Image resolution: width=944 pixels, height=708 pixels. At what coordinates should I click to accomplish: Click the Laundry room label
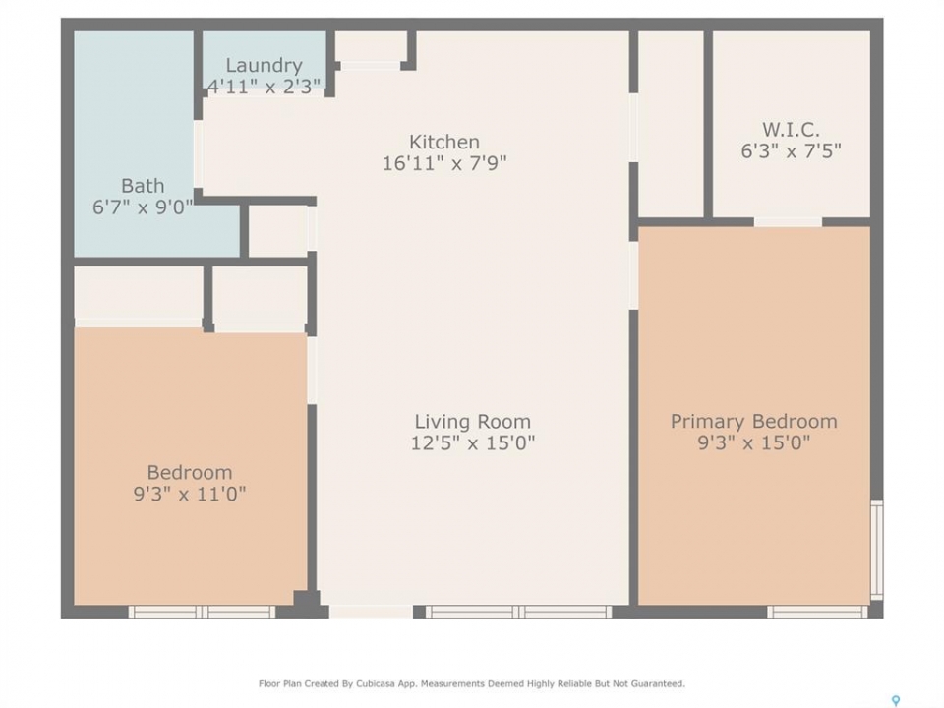point(264,65)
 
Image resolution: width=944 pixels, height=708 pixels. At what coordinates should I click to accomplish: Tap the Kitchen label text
point(444,142)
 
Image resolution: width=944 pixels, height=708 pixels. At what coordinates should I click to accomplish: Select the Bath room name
point(143,186)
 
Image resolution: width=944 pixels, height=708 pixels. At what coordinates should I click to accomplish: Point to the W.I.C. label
point(791,130)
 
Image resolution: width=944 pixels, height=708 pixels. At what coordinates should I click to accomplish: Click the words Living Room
point(473,422)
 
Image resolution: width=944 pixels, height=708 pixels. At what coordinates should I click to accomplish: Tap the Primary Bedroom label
point(754,422)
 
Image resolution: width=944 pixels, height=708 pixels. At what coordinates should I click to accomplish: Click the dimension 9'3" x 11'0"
point(190,494)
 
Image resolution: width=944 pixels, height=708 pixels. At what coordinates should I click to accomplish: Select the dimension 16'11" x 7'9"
point(444,162)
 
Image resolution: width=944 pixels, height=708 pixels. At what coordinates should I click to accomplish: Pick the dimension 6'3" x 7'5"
point(791,150)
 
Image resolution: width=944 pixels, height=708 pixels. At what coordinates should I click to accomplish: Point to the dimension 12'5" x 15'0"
point(473,443)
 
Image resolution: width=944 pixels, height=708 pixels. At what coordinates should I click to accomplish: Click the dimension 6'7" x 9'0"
point(143,207)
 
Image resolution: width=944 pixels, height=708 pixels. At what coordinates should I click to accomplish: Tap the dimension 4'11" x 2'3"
point(264,87)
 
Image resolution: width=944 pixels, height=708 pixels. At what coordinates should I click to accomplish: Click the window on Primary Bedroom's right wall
point(877,550)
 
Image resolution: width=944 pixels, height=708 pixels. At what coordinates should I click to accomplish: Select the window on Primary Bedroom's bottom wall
point(817,612)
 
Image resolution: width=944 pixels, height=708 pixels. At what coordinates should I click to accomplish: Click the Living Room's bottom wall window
point(518,612)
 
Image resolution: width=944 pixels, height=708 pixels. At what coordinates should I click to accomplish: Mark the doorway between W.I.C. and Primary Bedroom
point(788,222)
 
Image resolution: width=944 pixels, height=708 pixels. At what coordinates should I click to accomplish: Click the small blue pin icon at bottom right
point(896,701)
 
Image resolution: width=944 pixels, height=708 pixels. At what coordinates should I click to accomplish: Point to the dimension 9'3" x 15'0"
point(754,443)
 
